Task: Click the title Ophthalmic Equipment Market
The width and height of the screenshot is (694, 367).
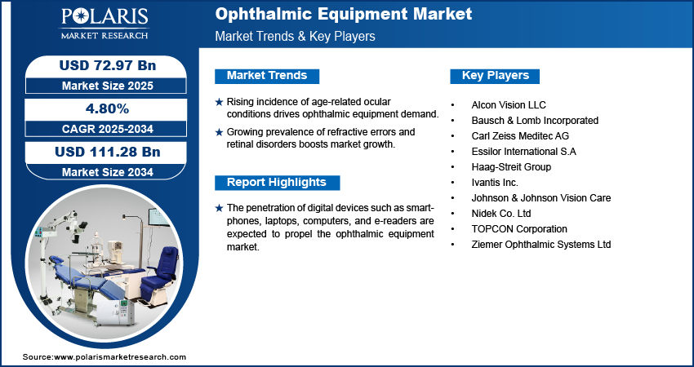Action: click(x=343, y=15)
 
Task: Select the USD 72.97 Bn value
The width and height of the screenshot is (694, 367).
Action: click(x=108, y=66)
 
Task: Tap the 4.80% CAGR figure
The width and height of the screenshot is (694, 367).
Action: click(x=108, y=109)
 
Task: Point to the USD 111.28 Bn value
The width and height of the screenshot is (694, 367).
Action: click(x=108, y=153)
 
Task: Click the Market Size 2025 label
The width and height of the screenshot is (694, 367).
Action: click(x=108, y=86)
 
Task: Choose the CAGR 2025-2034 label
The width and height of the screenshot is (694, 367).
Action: click(x=108, y=129)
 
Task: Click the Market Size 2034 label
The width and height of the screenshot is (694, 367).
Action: click(x=108, y=172)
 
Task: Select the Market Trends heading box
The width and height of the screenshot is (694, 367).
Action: click(x=267, y=76)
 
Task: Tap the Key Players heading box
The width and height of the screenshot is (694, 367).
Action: click(x=496, y=76)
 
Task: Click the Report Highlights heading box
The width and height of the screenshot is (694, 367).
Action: click(x=277, y=182)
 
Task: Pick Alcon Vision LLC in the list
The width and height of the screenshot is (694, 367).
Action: click(x=508, y=105)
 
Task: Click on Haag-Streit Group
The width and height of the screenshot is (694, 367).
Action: click(x=511, y=167)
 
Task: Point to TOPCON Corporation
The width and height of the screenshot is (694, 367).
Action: click(x=518, y=229)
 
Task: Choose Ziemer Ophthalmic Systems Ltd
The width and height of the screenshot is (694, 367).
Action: click(x=541, y=245)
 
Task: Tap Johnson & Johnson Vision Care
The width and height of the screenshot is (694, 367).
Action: click(x=541, y=198)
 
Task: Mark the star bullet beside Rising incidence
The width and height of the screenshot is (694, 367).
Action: click(x=218, y=102)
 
